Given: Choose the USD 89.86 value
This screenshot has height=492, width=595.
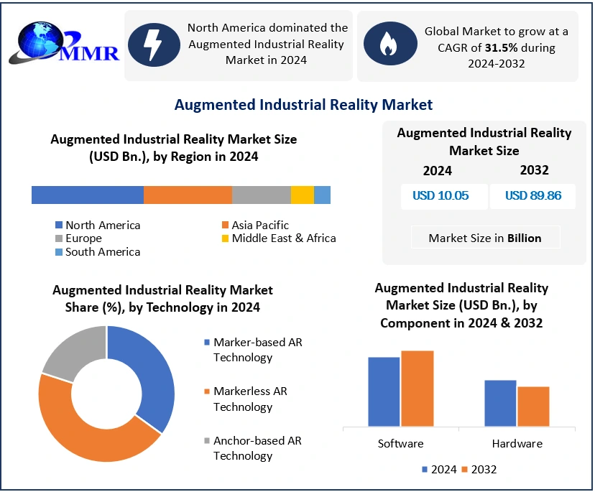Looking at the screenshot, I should (533, 195).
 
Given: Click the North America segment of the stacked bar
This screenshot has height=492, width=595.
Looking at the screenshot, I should (88, 195).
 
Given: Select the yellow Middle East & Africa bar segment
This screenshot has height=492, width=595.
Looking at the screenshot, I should (303, 195).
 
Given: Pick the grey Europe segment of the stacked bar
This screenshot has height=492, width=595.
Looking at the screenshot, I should (262, 195).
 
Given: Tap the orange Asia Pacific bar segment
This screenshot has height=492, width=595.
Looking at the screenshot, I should (188, 195).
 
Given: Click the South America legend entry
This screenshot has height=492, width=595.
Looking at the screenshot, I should (98, 252).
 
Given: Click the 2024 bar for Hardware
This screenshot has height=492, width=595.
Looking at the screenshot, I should (500, 403).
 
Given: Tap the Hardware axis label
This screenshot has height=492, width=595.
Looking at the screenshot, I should (517, 443).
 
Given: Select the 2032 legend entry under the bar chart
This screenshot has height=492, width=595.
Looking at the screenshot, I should (479, 470).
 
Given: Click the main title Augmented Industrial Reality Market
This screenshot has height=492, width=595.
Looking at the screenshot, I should (303, 105).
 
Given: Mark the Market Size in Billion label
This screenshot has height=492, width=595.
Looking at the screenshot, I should (485, 238).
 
